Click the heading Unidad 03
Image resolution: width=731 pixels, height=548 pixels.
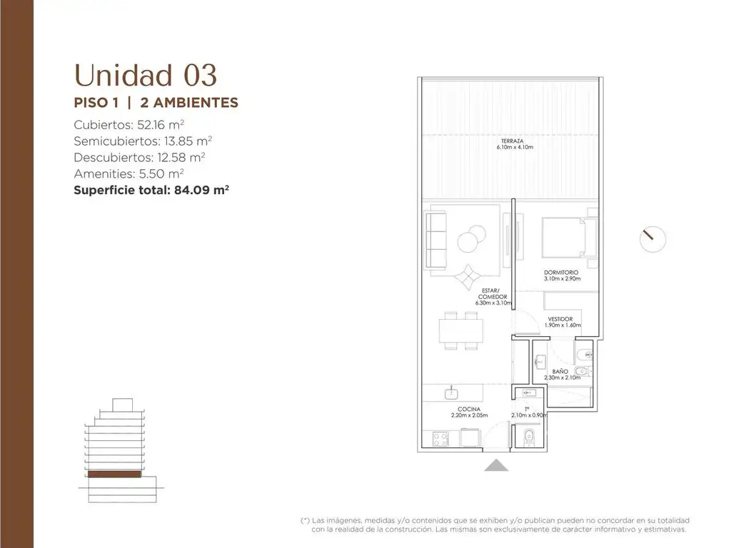click(x=146, y=76)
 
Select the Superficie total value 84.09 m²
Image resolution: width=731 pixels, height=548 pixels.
click(x=201, y=190)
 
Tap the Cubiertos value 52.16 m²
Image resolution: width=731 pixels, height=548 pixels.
click(x=161, y=125)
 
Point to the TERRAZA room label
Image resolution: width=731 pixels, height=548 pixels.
click(x=512, y=141)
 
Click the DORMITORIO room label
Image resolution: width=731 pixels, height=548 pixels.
click(x=561, y=273)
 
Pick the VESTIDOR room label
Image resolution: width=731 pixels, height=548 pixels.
click(x=560, y=319)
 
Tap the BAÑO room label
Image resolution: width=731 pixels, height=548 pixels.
click(x=560, y=371)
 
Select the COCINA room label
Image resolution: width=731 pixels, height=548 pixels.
click(x=468, y=409)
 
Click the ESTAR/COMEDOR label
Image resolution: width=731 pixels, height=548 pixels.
click(x=492, y=293)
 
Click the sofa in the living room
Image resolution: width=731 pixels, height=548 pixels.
click(x=435, y=240)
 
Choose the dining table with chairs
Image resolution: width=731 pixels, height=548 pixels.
click(x=460, y=331)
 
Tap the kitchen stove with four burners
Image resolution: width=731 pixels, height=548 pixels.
click(x=441, y=439)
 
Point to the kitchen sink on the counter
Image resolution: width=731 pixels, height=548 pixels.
click(x=451, y=393)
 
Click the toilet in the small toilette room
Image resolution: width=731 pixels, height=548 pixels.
click(x=529, y=437)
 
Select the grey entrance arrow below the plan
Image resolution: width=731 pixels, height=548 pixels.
click(x=496, y=465)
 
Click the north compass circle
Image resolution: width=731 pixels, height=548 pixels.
click(x=652, y=240)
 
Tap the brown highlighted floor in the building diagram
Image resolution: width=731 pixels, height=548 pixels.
click(x=114, y=475)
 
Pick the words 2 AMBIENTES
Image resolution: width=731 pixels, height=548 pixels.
click(x=188, y=103)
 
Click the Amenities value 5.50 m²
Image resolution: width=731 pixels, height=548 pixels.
click(x=161, y=174)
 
